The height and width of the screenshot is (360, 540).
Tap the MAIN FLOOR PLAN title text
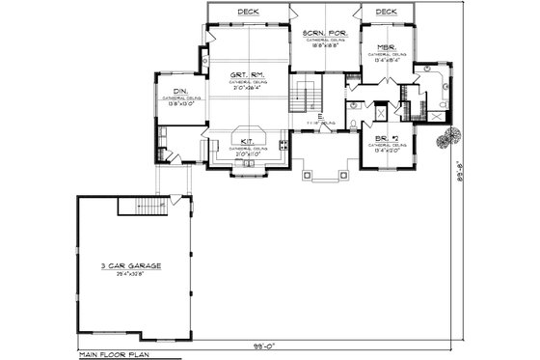(114, 355)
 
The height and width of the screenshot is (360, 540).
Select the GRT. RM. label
(248, 75)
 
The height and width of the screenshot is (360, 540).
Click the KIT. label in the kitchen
(247, 141)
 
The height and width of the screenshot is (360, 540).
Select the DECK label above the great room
(247, 12)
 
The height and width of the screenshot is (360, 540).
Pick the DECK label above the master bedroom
(386, 12)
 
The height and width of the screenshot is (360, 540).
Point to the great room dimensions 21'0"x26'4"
(247, 89)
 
